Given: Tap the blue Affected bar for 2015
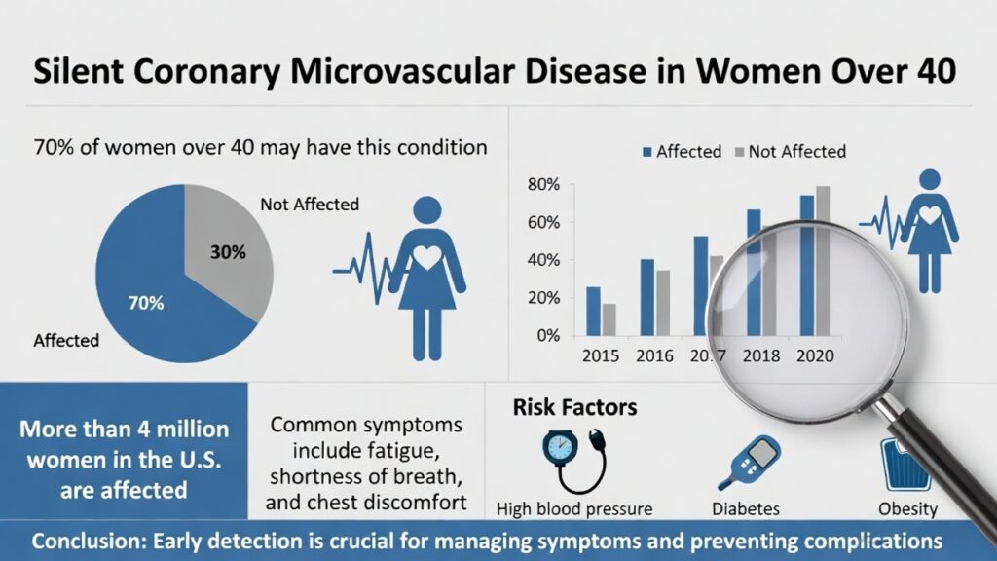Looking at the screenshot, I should [x=593, y=311].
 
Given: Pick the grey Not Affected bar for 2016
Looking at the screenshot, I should [x=664, y=302].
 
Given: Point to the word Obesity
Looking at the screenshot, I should [x=906, y=508].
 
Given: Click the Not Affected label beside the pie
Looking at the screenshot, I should [x=310, y=205].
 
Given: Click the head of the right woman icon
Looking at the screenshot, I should [x=931, y=181].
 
